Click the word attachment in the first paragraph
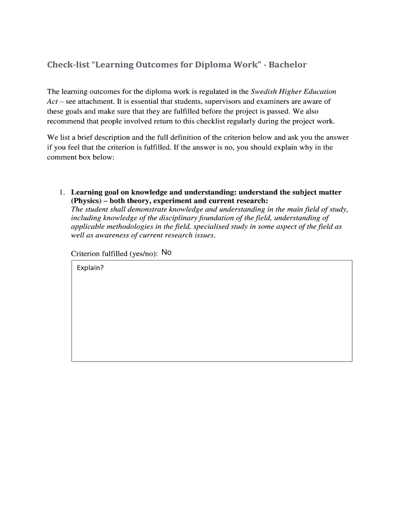(x=96, y=101)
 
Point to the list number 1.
(x=61, y=192)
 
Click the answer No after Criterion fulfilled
(x=166, y=252)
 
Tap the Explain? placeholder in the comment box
(x=91, y=268)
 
